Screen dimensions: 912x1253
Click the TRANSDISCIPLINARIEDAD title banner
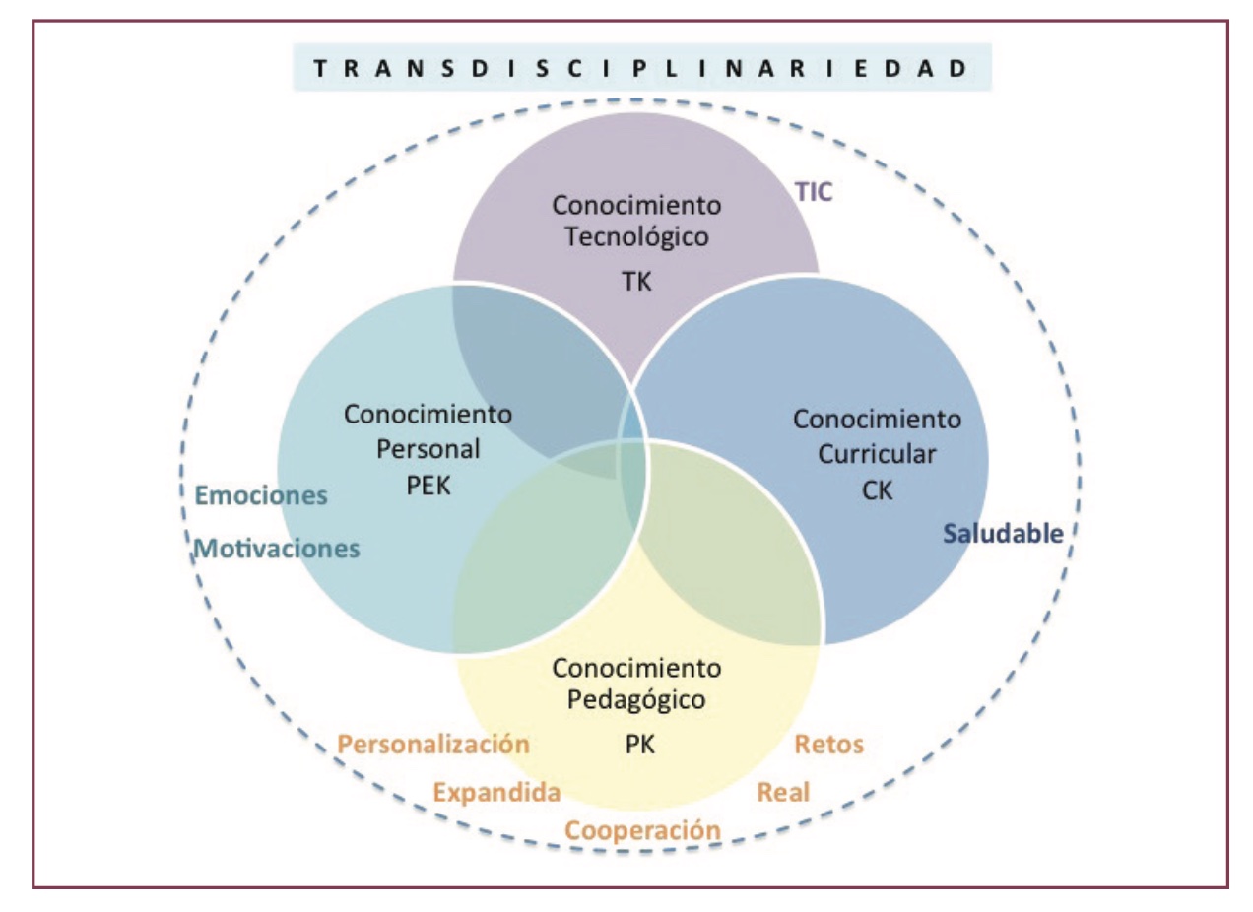point(641,70)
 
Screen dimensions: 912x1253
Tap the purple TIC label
point(814,192)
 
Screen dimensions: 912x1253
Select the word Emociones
point(262,496)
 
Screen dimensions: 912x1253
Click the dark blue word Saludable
point(1003,535)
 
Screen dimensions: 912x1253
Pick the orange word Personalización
point(433,744)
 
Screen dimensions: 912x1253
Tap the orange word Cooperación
point(642,830)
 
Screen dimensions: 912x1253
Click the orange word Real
point(783,792)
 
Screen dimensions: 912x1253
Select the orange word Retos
point(828,744)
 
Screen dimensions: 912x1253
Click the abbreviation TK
point(637,281)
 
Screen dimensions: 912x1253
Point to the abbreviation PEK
point(428,487)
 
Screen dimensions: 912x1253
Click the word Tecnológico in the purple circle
point(636,237)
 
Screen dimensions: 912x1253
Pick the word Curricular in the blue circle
point(877,455)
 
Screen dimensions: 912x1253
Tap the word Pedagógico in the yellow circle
point(636,701)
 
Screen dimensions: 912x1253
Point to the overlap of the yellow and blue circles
point(729,561)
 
